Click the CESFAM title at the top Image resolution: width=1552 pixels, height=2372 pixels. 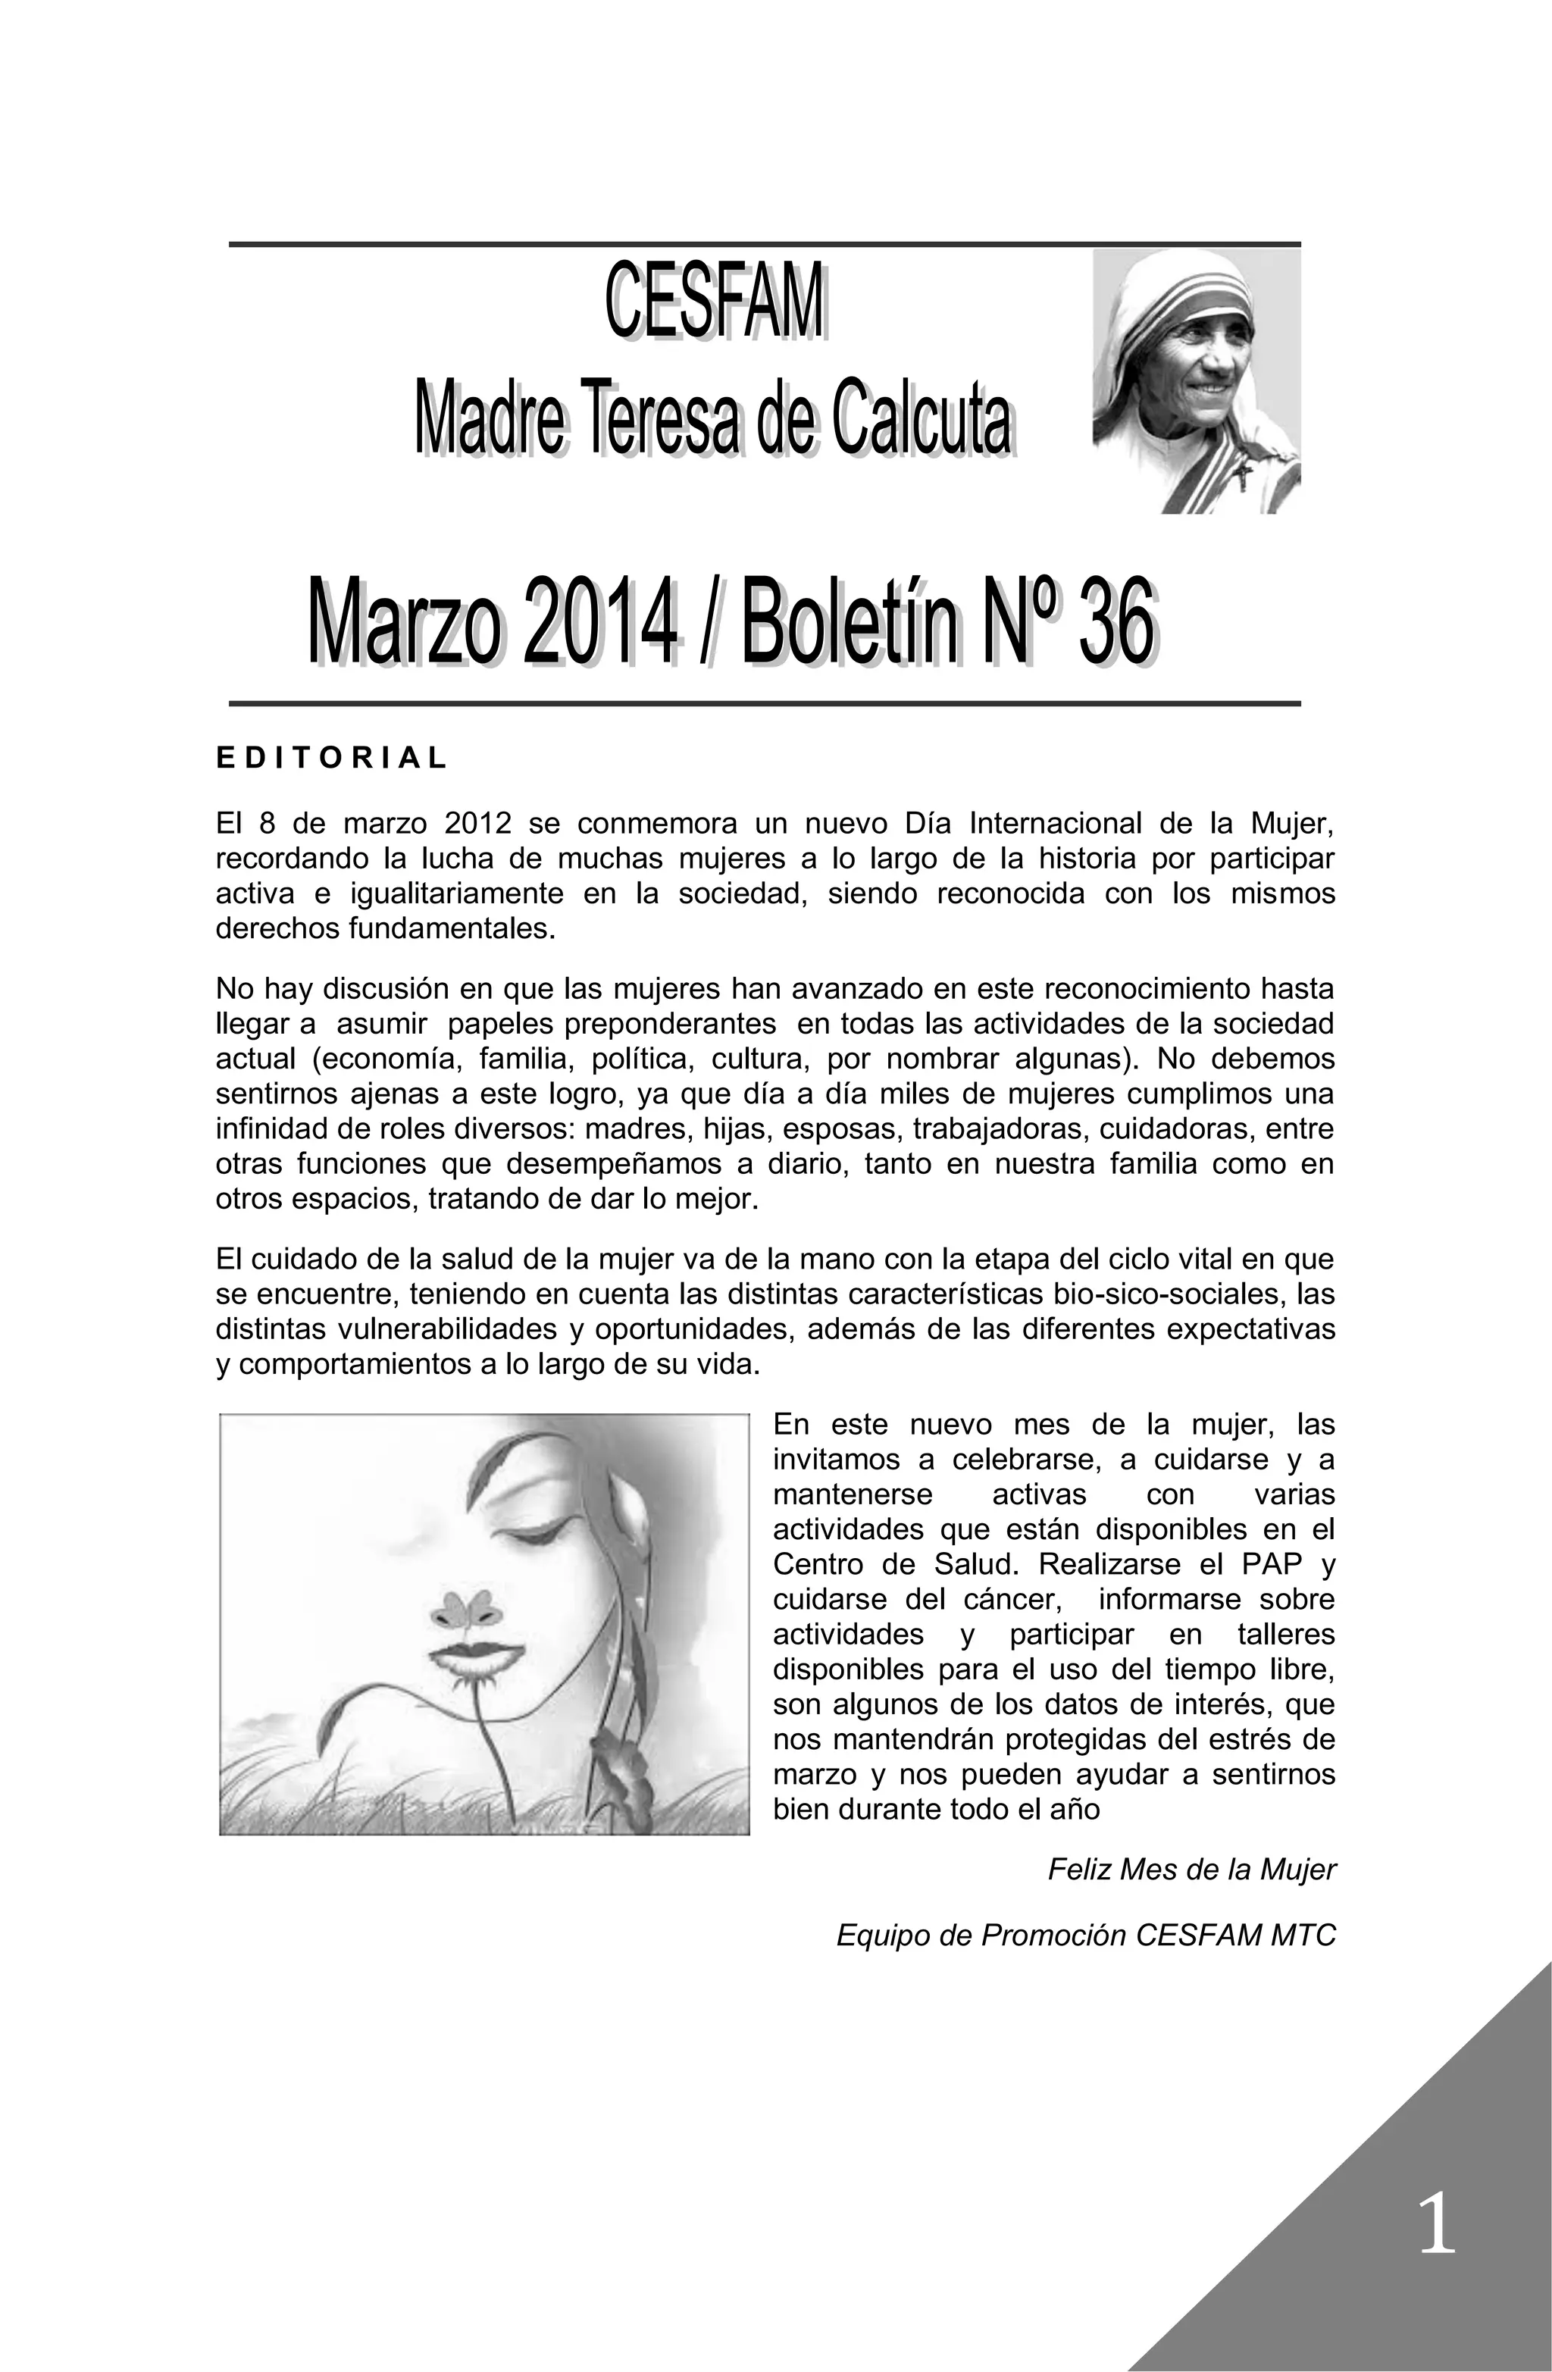(x=715, y=301)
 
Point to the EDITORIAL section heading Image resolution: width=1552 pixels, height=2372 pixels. (x=332, y=759)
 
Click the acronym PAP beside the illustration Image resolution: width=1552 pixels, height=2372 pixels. (x=1263, y=1563)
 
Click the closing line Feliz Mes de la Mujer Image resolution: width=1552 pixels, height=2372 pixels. (x=1191, y=1870)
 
